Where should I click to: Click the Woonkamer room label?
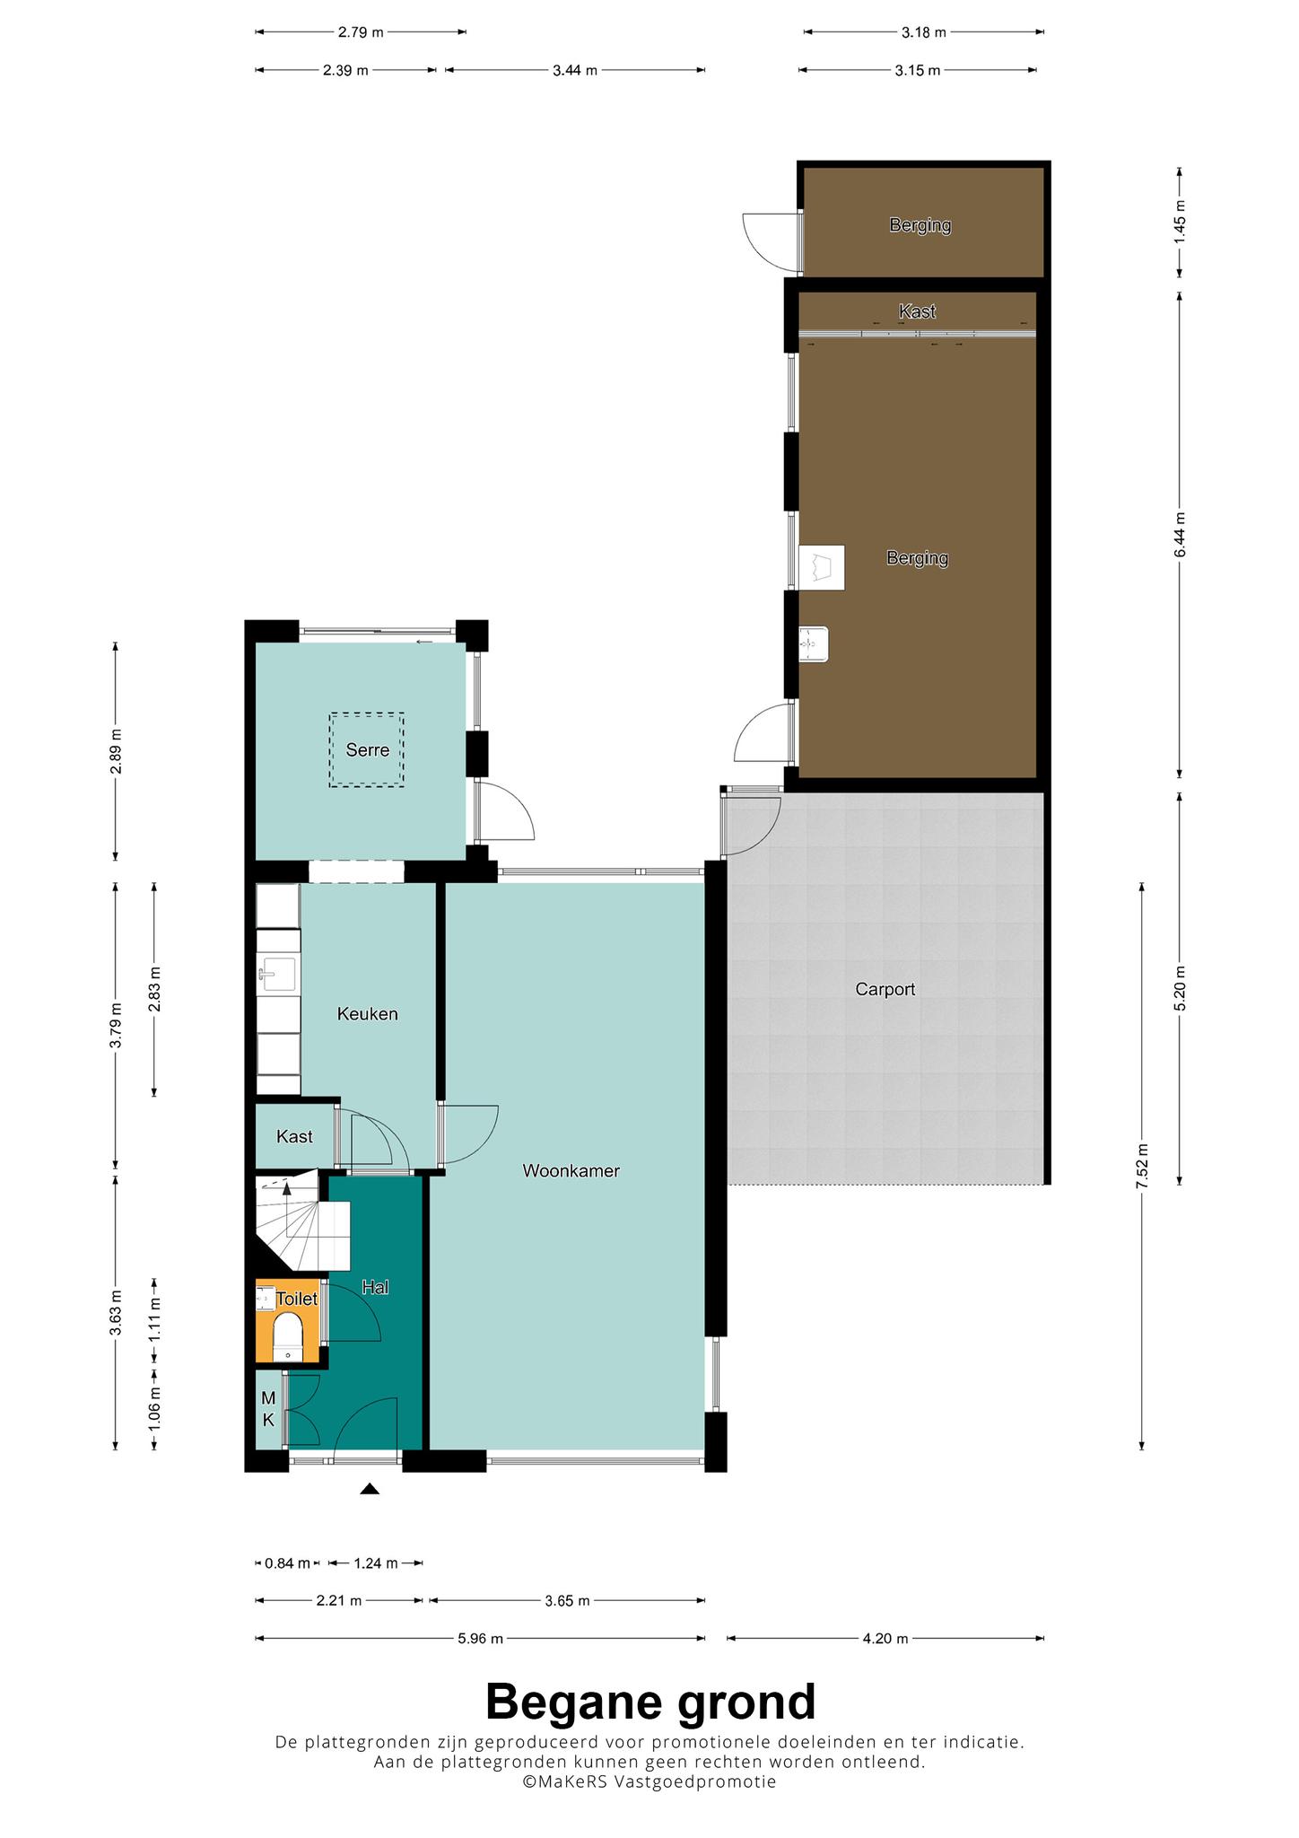(571, 1170)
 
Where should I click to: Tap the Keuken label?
(367, 1014)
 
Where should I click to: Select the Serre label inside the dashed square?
(368, 749)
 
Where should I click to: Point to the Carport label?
(885, 989)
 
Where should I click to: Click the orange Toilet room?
(288, 1321)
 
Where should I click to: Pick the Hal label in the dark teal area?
(375, 1287)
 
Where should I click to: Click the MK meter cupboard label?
(268, 1409)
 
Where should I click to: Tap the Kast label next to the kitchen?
(294, 1137)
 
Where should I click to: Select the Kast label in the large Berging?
(917, 311)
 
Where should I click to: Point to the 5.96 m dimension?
(480, 1638)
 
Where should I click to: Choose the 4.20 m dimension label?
(885, 1638)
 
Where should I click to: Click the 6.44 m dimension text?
(1180, 535)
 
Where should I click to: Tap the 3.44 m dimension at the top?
(575, 70)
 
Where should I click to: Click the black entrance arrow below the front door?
(370, 1489)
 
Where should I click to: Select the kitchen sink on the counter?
(278, 972)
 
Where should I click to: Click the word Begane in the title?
(575, 1702)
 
